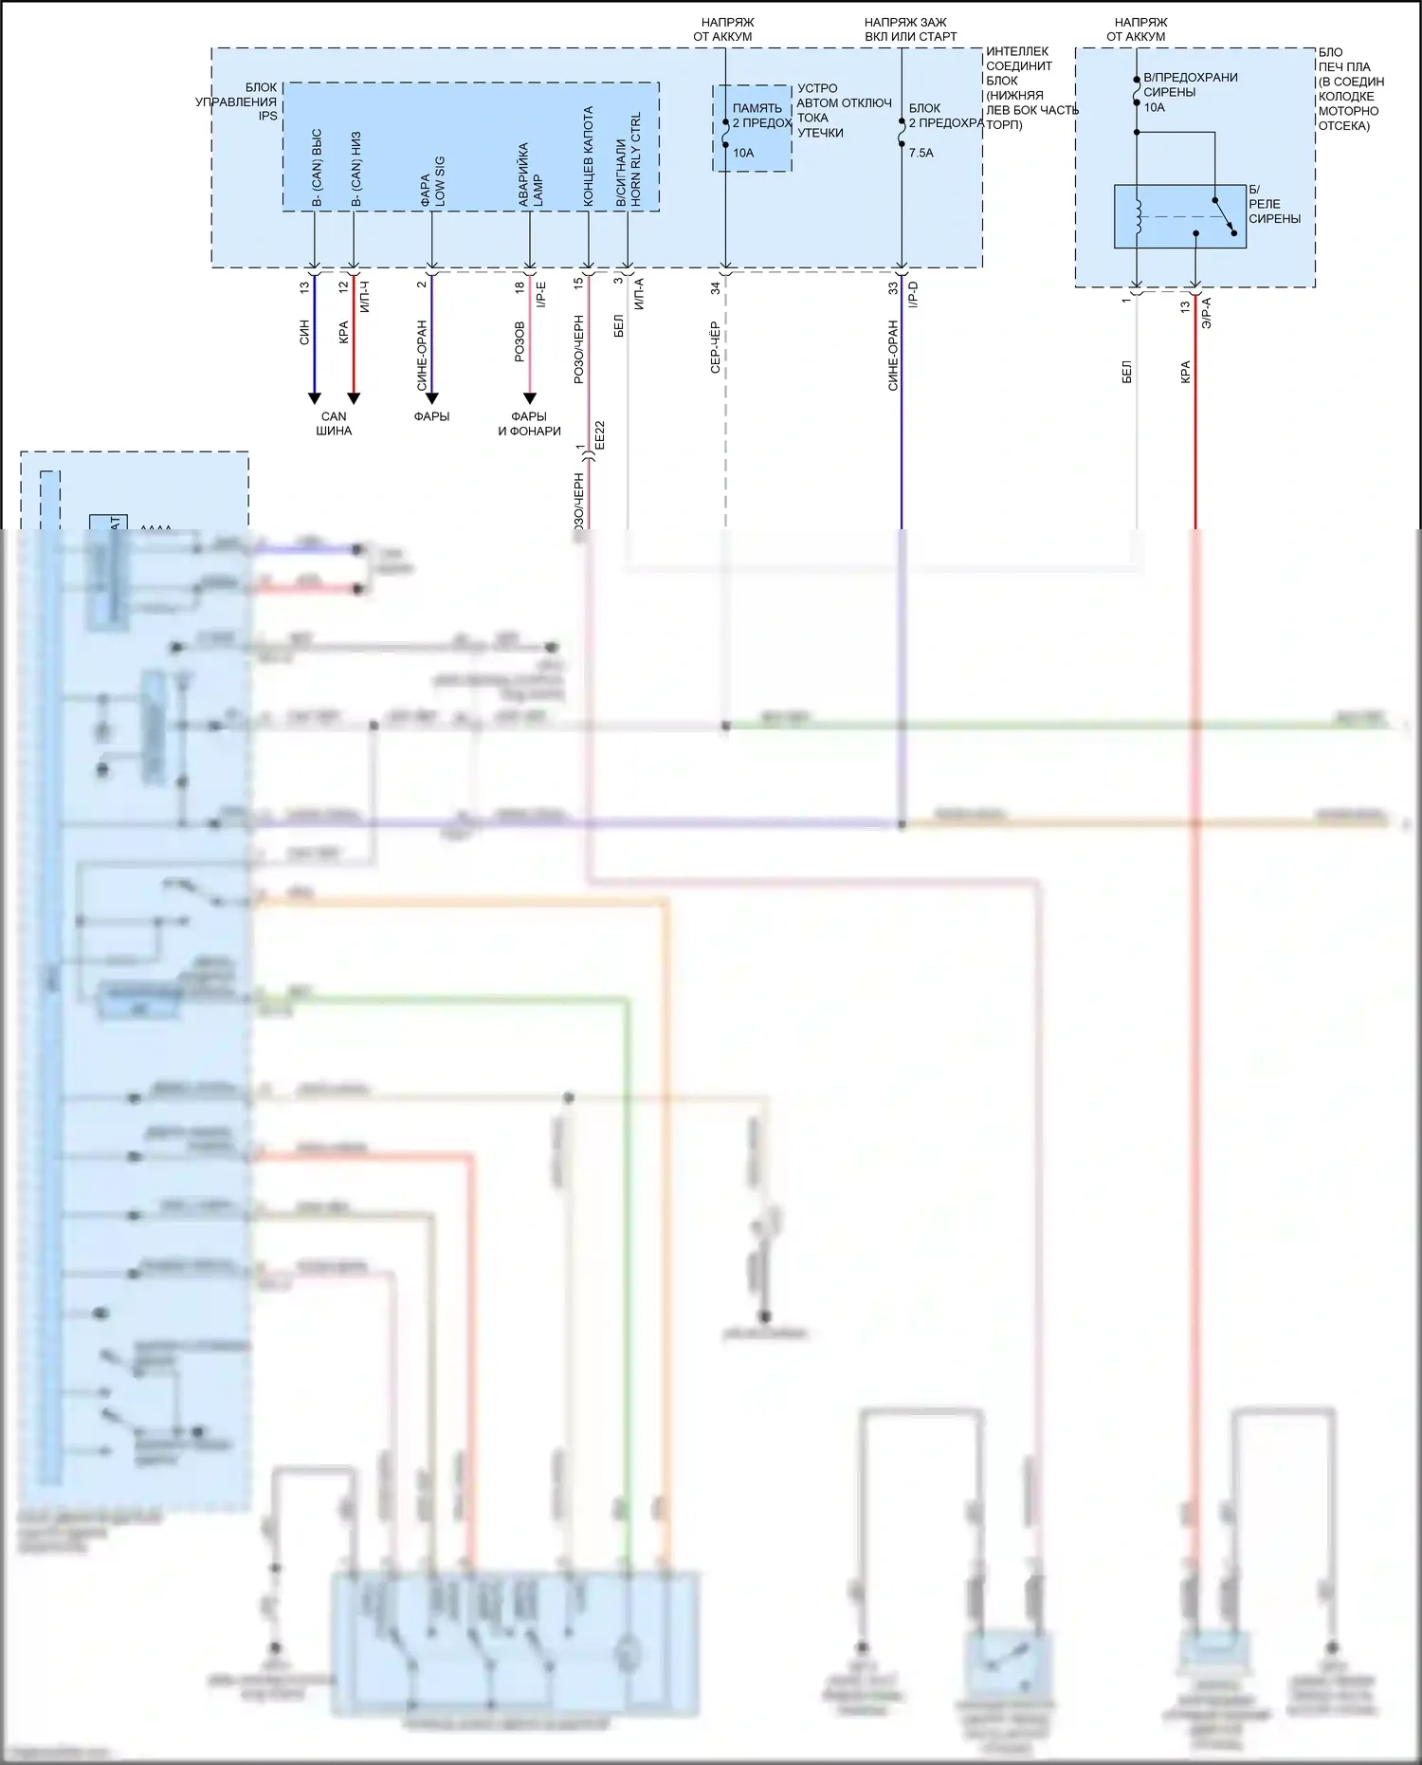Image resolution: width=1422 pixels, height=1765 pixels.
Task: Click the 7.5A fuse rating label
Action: [921, 153]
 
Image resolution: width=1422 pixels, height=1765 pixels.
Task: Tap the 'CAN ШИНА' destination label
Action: [334, 423]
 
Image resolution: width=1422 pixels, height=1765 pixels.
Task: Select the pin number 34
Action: [716, 288]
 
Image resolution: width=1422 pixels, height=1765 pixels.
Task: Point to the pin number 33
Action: [893, 288]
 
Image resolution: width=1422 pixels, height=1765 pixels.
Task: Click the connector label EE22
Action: [599, 435]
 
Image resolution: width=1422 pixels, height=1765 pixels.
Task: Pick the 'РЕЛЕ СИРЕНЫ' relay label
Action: [1274, 211]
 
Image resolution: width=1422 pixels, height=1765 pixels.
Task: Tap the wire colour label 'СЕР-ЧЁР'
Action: [716, 347]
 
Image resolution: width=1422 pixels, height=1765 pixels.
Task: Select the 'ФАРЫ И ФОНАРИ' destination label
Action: [529, 423]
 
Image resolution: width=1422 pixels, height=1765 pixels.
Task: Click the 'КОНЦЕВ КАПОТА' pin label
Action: [588, 156]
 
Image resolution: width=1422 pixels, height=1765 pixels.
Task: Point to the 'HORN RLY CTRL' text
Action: [636, 159]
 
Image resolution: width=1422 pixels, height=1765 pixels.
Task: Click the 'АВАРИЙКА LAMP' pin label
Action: [531, 175]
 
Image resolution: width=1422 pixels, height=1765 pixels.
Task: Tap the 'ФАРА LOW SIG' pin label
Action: [432, 181]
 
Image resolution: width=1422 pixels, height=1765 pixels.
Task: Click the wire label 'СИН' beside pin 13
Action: [304, 332]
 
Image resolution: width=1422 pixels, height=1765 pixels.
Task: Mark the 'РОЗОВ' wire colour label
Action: [520, 341]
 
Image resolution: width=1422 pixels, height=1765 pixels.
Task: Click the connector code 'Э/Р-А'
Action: [1206, 312]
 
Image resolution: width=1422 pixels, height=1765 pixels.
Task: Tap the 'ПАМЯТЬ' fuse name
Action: [757, 108]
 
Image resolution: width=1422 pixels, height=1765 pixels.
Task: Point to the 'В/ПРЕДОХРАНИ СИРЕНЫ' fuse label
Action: [1190, 84]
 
